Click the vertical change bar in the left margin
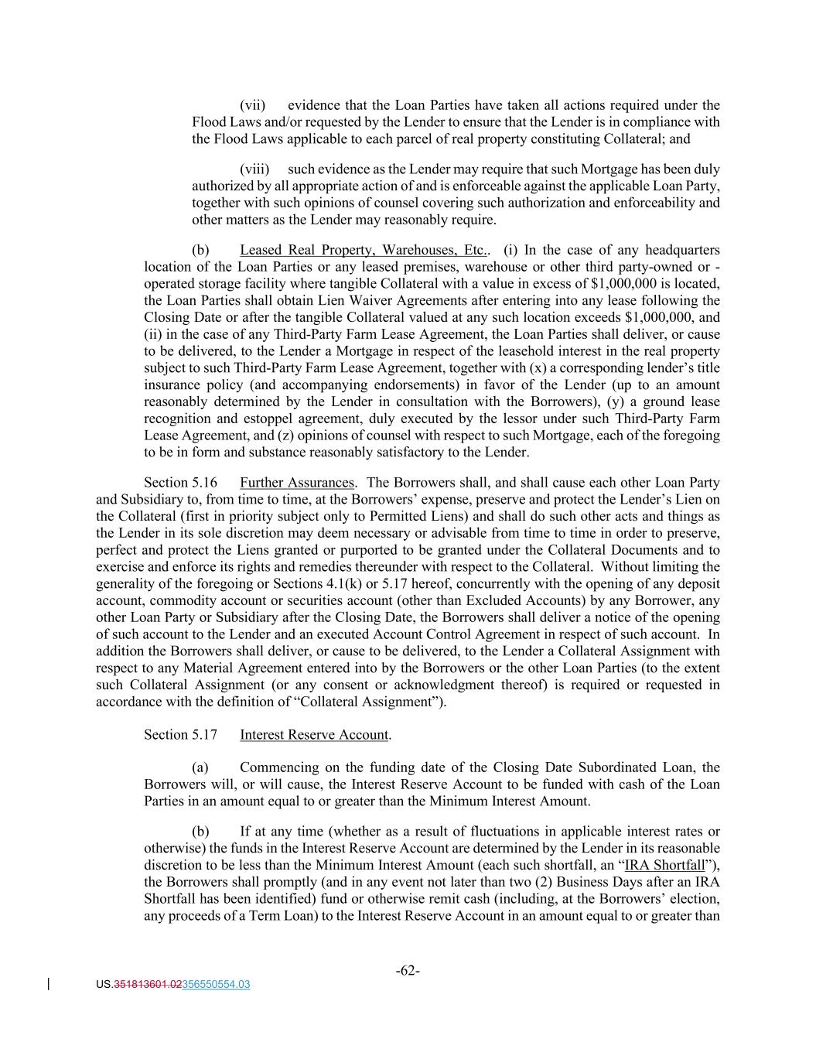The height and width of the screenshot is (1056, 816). (x=50, y=984)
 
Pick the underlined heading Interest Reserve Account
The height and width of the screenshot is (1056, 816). (x=314, y=734)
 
